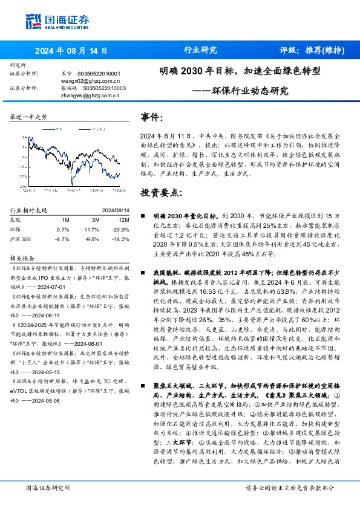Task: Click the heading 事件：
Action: tap(152, 117)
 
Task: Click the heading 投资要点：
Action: tap(161, 193)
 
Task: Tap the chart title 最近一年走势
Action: tap(29, 117)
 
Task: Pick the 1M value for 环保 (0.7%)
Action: tap(63, 230)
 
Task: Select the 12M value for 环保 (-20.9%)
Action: tap(119, 230)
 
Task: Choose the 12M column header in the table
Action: tap(123, 220)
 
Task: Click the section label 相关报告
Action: tap(22, 256)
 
